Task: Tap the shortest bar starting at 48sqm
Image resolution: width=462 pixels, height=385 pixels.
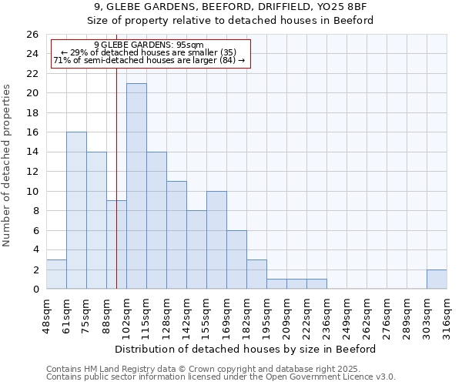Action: point(56,274)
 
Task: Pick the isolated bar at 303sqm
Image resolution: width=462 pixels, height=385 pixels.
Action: point(437,280)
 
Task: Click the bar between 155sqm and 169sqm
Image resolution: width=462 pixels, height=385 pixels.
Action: point(216,239)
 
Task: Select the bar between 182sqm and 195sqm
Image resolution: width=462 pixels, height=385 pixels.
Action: point(256,274)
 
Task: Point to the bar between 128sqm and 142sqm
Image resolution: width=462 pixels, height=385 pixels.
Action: point(176,235)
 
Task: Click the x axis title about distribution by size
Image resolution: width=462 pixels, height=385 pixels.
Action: point(246,349)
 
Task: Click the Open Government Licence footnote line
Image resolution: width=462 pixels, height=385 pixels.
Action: point(221,377)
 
